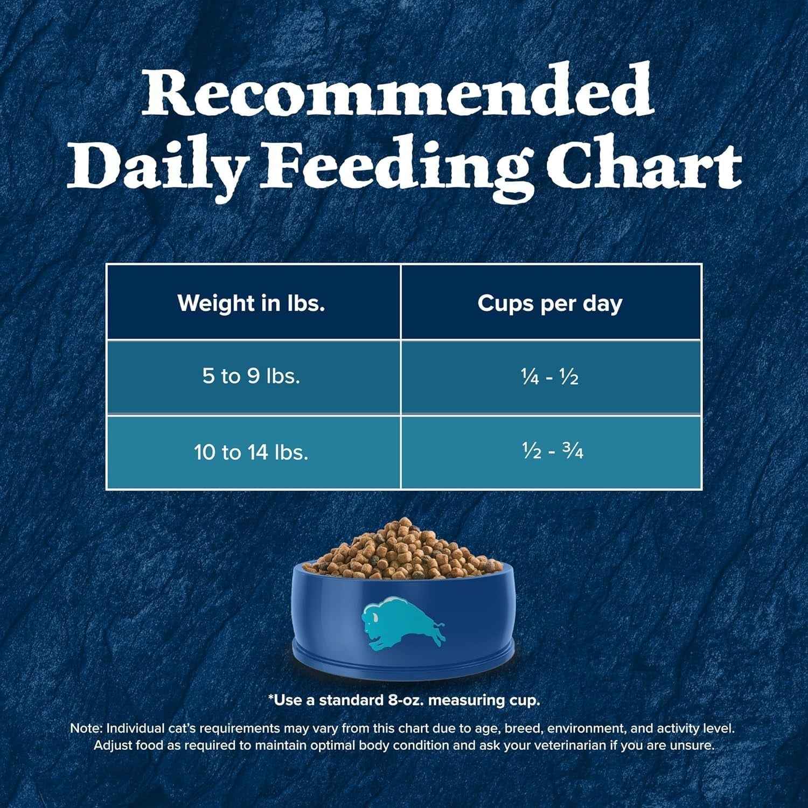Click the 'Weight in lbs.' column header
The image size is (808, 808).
click(252, 303)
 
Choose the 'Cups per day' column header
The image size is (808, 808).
click(549, 303)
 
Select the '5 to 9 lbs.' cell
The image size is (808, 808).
click(251, 376)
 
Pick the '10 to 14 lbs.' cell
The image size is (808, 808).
click(251, 452)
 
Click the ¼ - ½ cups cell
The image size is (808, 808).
click(549, 377)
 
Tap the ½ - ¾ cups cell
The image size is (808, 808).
click(549, 452)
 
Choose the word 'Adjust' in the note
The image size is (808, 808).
click(110, 746)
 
